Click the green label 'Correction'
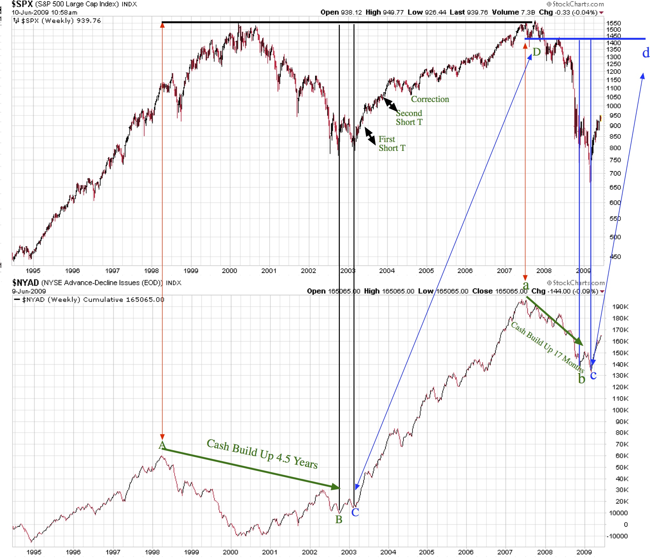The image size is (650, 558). coord(430,99)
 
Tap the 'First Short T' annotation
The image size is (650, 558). coord(392,144)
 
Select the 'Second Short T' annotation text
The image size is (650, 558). coord(409,118)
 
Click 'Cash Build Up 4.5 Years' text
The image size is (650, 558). coord(262,454)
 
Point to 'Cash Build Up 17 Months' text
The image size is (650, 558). coord(548,347)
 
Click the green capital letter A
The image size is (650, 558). coord(162,445)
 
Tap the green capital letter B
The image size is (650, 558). coord(339,520)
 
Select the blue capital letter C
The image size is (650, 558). coord(355,512)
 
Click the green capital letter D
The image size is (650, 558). coord(537,52)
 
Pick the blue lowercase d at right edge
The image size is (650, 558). coord(646,53)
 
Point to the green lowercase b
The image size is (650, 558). coord(582,379)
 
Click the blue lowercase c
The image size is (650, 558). coord(593,375)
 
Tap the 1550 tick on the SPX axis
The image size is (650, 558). coord(613,23)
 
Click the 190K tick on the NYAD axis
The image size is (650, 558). coord(620,307)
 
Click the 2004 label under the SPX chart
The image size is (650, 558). coord(387,271)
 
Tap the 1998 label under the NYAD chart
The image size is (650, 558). coord(152,552)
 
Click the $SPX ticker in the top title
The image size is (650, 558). coord(22,4)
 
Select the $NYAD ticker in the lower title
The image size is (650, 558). coord(25,283)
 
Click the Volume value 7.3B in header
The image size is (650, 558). coord(528,12)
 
